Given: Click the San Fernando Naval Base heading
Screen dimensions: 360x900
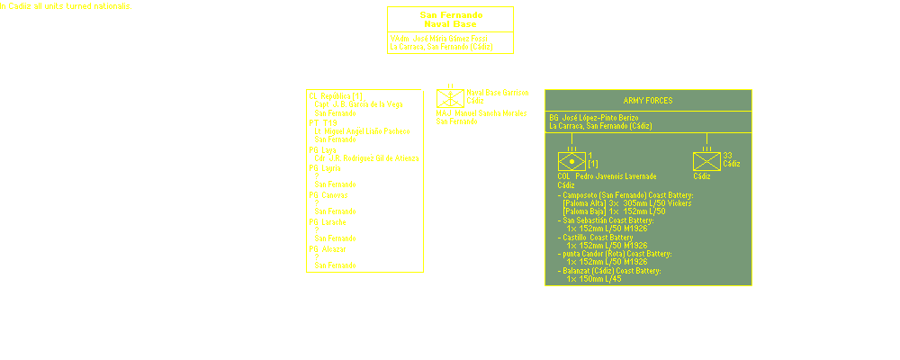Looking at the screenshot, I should (x=450, y=19).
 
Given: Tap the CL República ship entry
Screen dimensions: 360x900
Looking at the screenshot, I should (x=335, y=95).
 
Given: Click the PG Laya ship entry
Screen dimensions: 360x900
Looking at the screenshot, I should (x=322, y=149).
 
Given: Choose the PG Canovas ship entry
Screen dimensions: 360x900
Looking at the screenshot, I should (x=328, y=194).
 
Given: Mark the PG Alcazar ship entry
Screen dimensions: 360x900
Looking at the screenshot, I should (x=327, y=247).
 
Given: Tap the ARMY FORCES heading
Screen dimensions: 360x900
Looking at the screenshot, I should (x=647, y=100).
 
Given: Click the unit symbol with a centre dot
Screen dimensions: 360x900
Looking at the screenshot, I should (x=571, y=162).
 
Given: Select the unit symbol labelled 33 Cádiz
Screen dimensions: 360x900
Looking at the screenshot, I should (x=706, y=162).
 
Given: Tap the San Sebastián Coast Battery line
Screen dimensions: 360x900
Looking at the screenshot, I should (x=607, y=220).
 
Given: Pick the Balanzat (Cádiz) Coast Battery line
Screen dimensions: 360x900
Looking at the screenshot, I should (x=612, y=271).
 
